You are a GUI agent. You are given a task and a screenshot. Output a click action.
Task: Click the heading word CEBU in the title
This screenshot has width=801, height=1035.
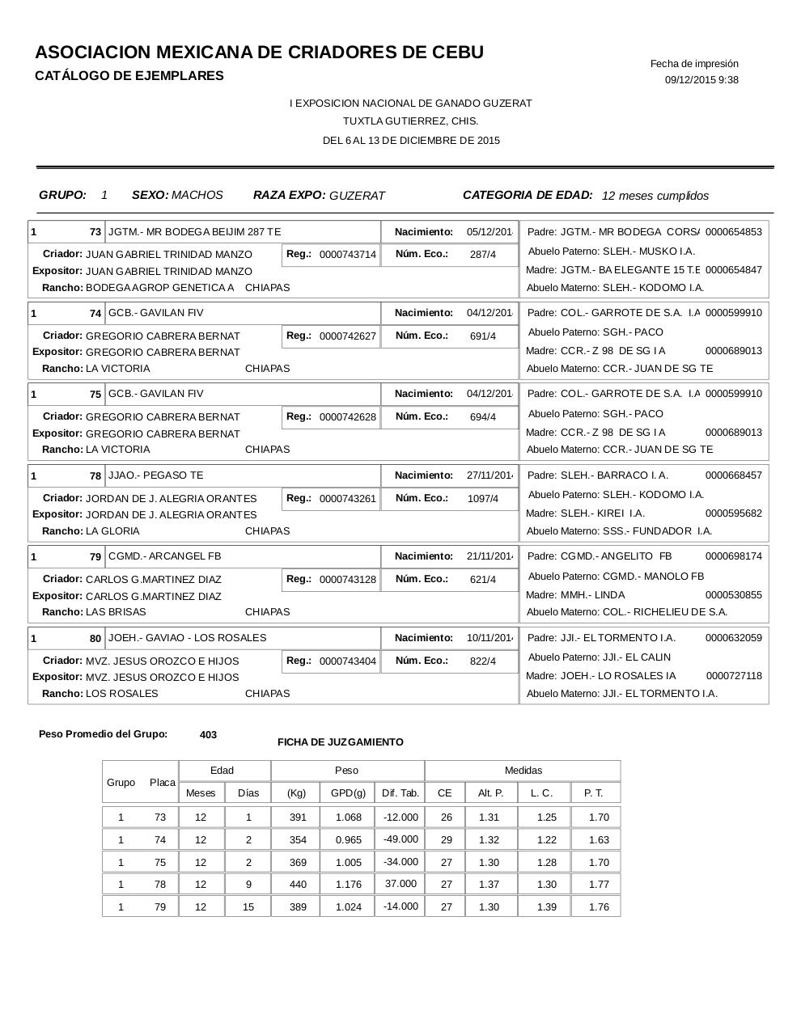coord(456,53)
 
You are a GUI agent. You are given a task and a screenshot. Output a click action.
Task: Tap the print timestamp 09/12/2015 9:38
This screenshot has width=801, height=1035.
coord(701,80)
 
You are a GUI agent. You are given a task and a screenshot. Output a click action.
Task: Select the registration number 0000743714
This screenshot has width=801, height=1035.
coord(347,255)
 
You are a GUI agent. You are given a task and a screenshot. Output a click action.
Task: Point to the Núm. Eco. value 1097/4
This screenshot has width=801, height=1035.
coord(483,499)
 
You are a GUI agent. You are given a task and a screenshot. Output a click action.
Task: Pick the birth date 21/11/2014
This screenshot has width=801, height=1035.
coord(489,556)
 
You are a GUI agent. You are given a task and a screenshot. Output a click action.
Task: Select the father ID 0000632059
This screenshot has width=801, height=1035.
coord(733,638)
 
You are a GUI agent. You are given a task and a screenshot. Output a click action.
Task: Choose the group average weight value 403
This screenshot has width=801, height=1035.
coord(208,735)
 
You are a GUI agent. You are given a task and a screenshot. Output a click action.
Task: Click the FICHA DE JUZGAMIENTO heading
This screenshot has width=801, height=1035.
coord(340,742)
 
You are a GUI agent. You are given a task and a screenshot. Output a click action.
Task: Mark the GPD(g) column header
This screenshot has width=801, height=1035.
coord(348,793)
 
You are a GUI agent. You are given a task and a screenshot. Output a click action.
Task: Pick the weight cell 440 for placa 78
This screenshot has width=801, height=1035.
coord(298,885)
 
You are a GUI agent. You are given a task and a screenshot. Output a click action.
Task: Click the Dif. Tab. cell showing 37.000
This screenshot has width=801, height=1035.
coord(400,884)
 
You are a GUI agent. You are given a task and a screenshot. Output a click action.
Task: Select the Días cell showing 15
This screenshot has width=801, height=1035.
coord(248,907)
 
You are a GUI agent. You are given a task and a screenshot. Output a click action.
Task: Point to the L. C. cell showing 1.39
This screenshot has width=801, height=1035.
coord(547,907)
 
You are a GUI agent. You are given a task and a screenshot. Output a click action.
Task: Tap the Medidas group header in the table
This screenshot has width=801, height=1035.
coord(523,771)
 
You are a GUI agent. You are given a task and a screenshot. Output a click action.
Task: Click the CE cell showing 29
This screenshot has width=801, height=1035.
coord(446,840)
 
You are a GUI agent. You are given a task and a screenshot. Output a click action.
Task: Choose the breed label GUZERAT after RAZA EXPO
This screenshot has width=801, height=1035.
coord(357,196)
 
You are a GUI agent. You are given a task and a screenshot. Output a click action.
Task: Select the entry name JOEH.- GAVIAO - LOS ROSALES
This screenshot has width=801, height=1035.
coord(187,638)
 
